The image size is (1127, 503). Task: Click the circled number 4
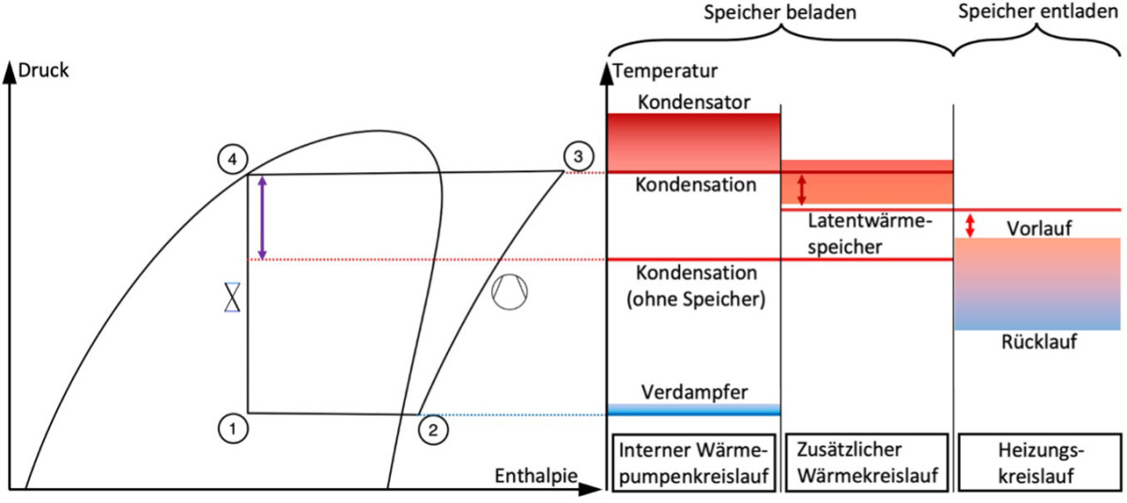(x=232, y=159)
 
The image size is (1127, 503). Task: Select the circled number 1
(x=231, y=428)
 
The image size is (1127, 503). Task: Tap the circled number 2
(x=433, y=430)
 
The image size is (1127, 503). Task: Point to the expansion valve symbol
(x=232, y=297)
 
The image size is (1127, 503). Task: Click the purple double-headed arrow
(x=262, y=217)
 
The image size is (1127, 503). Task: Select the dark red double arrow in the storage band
(x=801, y=189)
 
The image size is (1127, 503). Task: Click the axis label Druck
(x=44, y=70)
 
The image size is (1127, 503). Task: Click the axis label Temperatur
(x=665, y=70)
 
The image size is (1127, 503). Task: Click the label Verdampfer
(x=694, y=392)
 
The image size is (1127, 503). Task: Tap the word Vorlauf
(x=1039, y=228)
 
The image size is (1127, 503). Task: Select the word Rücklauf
(x=1039, y=341)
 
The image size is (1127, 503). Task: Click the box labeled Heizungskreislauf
(x=1039, y=463)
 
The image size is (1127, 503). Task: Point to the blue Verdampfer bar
(x=693, y=409)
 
